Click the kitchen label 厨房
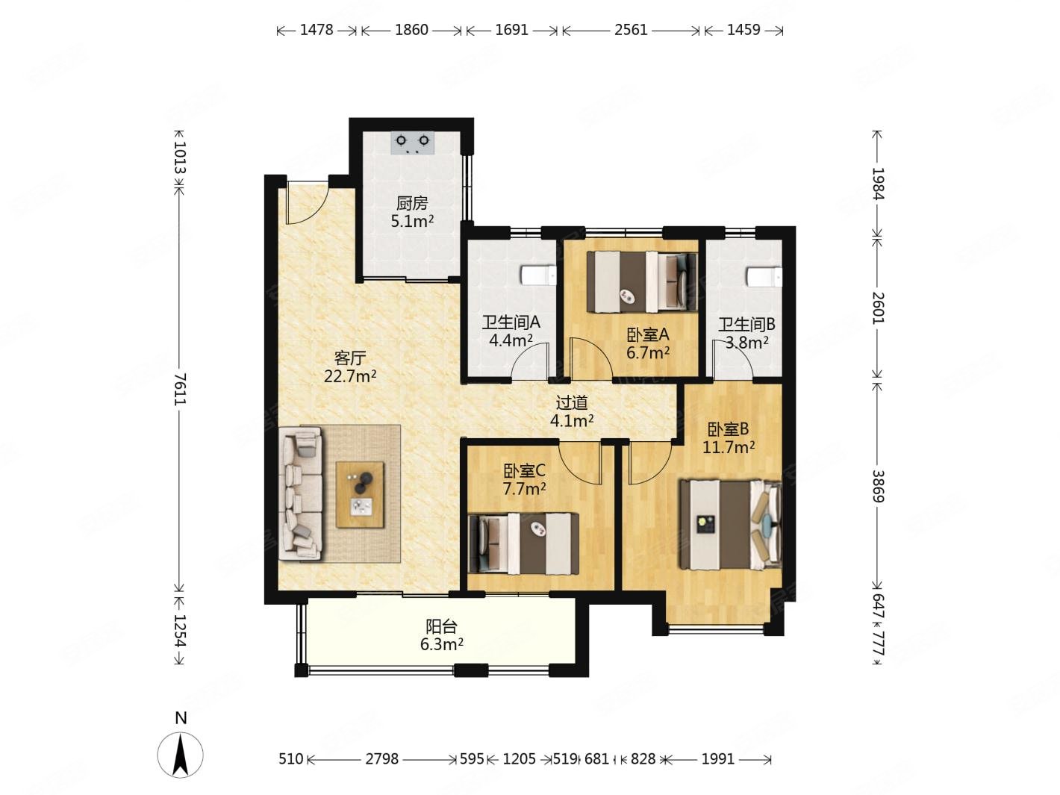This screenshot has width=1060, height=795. pos(412,203)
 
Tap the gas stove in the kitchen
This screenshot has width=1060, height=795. pos(412,143)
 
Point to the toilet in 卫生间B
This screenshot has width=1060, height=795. pos(764,278)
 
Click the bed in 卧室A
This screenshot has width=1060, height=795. pos(642,282)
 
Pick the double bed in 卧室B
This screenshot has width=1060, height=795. pos(729,525)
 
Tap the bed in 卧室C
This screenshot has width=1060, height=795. pos(524,543)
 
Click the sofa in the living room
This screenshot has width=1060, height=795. pos(301,496)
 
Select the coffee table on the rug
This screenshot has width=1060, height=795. pos(361,495)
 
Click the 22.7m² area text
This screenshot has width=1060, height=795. pos(350,376)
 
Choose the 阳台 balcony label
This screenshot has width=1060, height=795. pos(441,626)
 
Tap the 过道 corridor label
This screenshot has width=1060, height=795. pos(572,402)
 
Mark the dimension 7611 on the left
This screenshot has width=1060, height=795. pos(181,389)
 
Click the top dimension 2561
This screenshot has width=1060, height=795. pos(631,30)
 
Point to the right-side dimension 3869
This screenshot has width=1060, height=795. pos(879,486)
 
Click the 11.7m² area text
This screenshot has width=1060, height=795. pos(729,447)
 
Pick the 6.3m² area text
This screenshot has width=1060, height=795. pos(442,644)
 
